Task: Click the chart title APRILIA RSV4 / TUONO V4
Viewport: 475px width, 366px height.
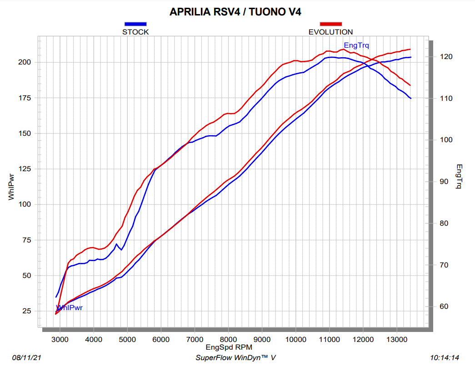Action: tap(235, 12)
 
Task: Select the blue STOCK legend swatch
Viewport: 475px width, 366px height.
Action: tap(135, 24)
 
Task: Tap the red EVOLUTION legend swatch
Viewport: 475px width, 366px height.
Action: tap(330, 24)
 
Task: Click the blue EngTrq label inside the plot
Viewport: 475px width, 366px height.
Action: tap(356, 45)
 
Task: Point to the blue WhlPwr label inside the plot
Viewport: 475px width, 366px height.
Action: tap(69, 308)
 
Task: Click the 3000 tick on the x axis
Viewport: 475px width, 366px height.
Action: tap(60, 339)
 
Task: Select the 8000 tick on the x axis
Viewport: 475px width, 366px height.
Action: tap(228, 339)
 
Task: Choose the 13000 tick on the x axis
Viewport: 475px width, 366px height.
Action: tap(396, 339)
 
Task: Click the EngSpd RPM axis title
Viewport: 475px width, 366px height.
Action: tap(228, 347)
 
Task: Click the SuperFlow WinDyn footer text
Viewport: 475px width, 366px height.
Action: tap(235, 358)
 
